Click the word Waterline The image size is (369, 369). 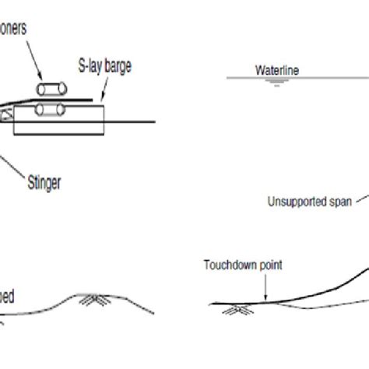click(277, 70)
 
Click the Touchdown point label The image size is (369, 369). click(242, 265)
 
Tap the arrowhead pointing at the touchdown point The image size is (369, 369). click(265, 298)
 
